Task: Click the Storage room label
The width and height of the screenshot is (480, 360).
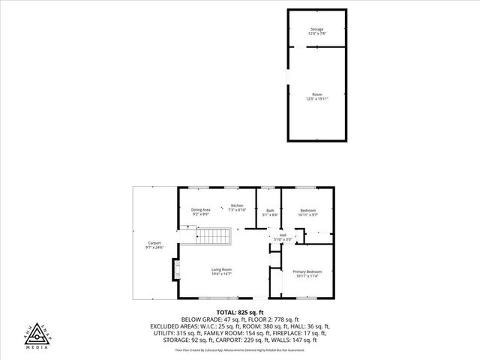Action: tap(317, 29)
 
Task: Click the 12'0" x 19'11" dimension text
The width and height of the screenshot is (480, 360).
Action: tap(317, 99)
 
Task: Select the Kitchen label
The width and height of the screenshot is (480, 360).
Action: tap(237, 205)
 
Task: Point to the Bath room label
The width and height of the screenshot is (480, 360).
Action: tap(270, 210)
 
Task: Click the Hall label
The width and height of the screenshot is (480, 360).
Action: tap(283, 235)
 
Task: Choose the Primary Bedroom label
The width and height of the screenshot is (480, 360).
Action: tap(307, 271)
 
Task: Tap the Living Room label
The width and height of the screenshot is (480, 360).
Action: tap(220, 269)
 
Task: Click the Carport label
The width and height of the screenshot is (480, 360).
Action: tap(154, 243)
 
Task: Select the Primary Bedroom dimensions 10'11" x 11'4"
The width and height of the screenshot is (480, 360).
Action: tap(307, 276)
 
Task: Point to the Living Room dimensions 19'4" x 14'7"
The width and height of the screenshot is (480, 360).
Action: tap(220, 274)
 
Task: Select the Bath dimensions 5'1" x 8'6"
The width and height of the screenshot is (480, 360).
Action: tap(270, 214)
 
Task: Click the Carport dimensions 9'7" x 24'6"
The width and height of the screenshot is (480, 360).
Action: tap(154, 247)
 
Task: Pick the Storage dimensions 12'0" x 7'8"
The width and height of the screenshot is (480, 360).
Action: tap(317, 34)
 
